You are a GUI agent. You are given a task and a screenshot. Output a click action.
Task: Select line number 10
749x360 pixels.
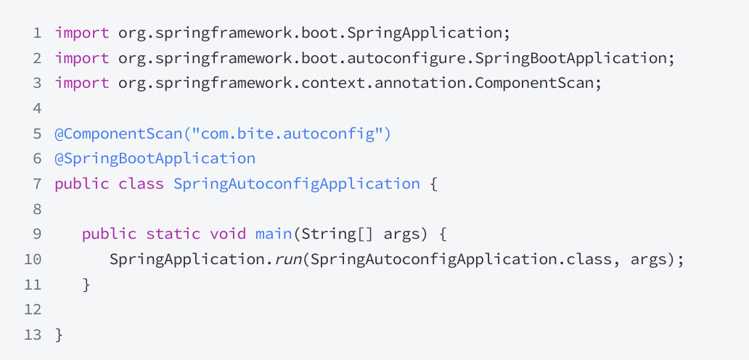33,259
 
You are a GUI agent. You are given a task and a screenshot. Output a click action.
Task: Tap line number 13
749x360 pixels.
33,335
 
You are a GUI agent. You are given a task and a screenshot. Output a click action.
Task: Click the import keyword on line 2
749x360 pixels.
82,58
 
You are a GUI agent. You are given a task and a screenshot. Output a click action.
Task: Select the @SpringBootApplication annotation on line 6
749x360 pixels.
155,158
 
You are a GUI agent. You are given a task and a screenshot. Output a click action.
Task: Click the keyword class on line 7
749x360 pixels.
141,184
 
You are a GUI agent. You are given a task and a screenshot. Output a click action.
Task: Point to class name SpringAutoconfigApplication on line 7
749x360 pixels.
296,184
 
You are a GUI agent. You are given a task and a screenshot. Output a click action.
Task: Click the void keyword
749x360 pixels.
228,234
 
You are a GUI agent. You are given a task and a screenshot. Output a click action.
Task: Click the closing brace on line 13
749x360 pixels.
59,335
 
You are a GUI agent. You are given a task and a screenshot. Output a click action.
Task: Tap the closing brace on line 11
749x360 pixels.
86,285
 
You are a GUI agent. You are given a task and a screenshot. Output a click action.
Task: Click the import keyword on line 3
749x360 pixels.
82,83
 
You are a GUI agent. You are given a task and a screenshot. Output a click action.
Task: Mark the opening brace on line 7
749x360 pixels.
434,184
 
